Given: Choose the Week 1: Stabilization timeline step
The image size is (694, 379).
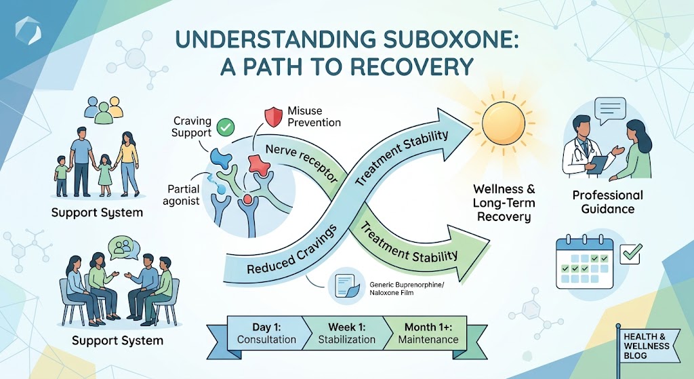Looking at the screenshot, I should [347, 332].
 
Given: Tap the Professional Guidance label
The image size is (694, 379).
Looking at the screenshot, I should [607, 202].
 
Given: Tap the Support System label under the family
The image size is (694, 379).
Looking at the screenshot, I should [98, 213].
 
